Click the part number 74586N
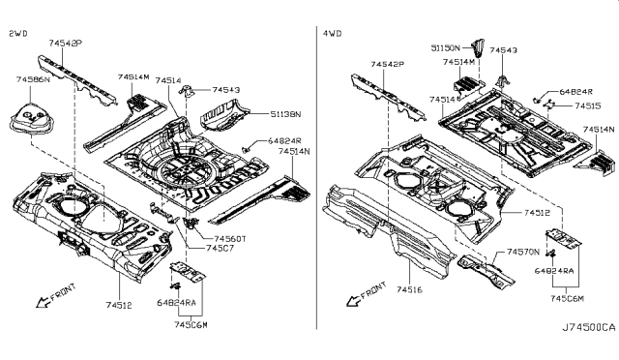coord(33,80)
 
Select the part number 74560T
coord(229,238)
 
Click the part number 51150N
coord(448,45)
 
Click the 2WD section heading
coord(17,33)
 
